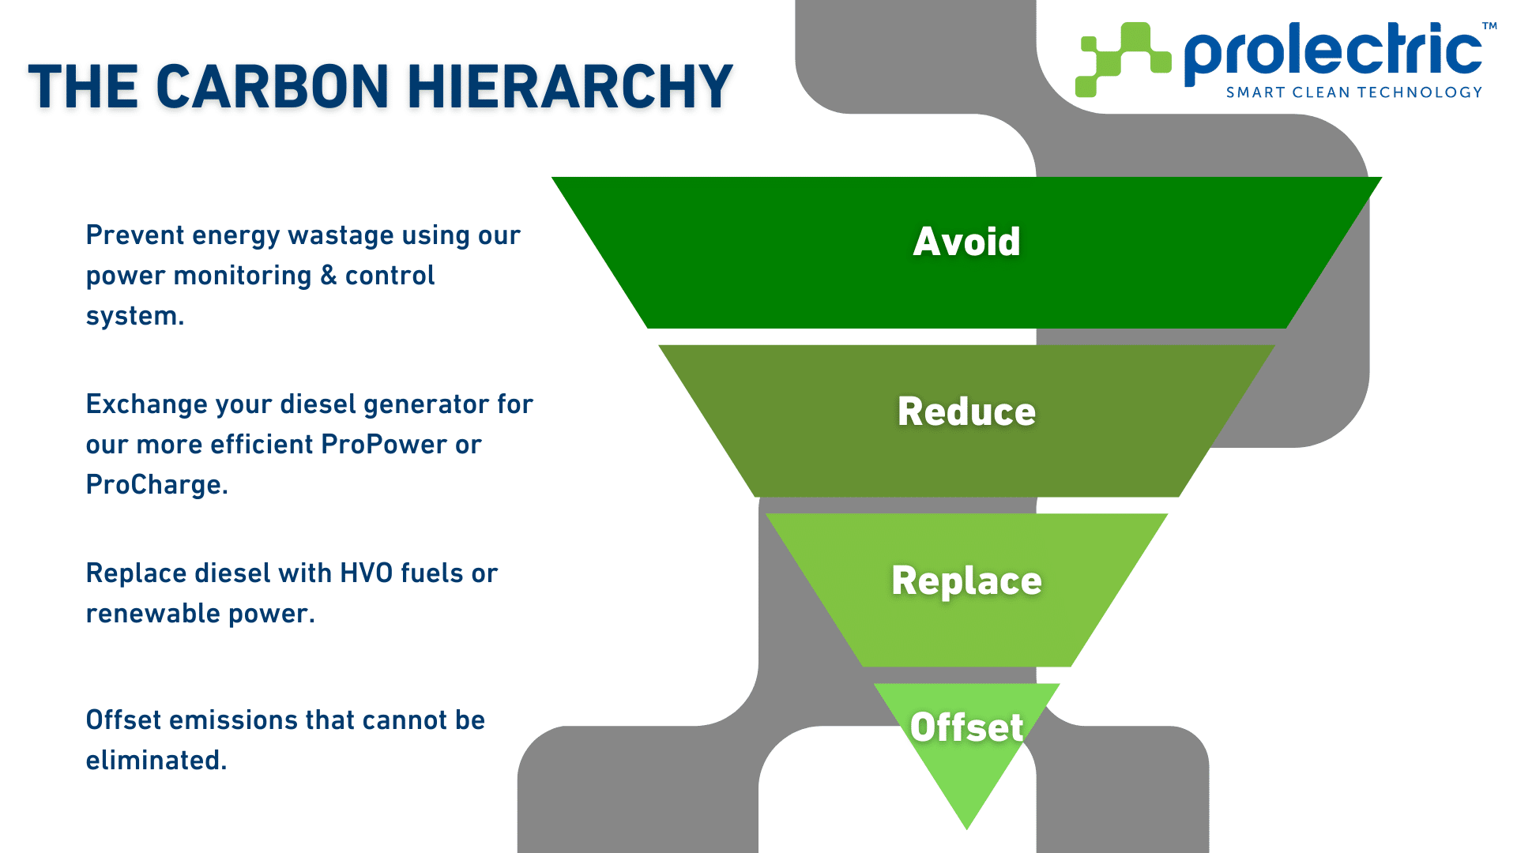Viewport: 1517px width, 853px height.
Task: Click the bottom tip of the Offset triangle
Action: click(966, 829)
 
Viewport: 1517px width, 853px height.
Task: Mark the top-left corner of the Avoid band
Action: click(551, 178)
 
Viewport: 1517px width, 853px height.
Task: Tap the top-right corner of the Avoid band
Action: click(1382, 178)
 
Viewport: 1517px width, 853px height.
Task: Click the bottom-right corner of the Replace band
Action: click(1071, 667)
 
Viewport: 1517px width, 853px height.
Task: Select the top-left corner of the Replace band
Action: click(766, 514)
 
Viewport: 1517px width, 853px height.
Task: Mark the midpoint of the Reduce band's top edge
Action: click(966, 345)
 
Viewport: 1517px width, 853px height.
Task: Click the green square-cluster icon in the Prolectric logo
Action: click(1123, 59)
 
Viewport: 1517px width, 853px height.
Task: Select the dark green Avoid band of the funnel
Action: click(966, 253)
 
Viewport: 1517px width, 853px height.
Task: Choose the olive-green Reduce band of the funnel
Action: click(966, 421)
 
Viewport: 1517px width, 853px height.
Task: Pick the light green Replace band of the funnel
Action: click(966, 590)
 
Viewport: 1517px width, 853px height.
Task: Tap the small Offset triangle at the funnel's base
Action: click(966, 742)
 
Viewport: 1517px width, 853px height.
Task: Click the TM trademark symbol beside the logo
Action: click(1489, 26)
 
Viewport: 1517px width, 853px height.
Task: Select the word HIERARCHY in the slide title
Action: click(570, 86)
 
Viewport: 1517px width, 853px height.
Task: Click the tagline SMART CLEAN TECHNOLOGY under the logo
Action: click(1353, 92)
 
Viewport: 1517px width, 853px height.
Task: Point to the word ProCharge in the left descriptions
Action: click(156, 485)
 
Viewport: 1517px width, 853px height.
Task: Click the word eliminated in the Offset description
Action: click(156, 760)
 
